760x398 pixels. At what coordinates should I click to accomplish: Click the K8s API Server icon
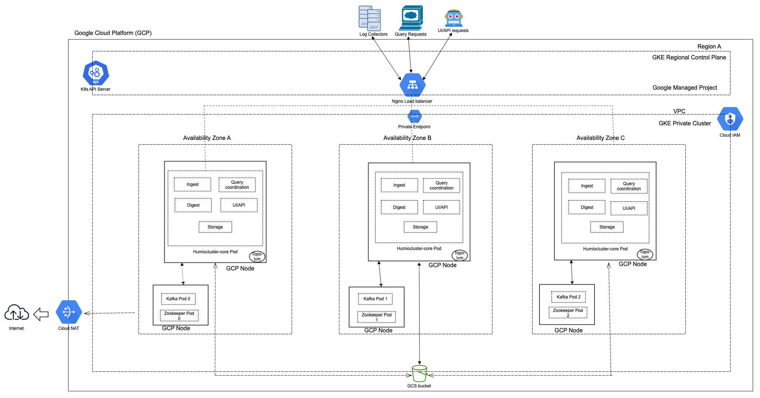point(96,73)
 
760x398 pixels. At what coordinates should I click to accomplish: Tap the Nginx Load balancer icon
point(412,85)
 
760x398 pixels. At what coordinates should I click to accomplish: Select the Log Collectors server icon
point(370,18)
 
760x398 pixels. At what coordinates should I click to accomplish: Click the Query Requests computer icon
point(411,17)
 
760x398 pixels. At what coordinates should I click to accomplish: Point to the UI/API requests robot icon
point(453,18)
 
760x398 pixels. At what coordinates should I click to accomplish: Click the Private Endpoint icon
point(414,116)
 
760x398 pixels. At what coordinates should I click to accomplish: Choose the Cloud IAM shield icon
point(730,119)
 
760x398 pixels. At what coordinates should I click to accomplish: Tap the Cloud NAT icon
point(69,312)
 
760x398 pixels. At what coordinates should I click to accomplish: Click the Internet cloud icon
point(16,313)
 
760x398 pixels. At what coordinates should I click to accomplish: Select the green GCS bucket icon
point(419,374)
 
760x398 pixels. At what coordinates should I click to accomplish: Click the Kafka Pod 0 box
point(178,299)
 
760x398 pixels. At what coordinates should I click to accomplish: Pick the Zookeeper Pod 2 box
point(568,313)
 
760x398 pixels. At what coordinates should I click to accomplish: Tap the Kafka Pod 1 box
point(375,299)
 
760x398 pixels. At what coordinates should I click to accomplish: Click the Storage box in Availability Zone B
point(420,227)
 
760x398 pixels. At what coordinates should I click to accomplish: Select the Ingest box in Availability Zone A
point(192,184)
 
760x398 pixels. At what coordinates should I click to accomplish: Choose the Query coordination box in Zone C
point(629,186)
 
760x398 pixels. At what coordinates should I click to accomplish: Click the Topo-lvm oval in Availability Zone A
point(257,256)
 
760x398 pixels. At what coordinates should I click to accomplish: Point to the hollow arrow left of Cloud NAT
point(41,314)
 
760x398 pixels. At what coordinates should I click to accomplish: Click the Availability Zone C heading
point(600,138)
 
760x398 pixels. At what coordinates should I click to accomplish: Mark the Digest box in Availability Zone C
point(587,207)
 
